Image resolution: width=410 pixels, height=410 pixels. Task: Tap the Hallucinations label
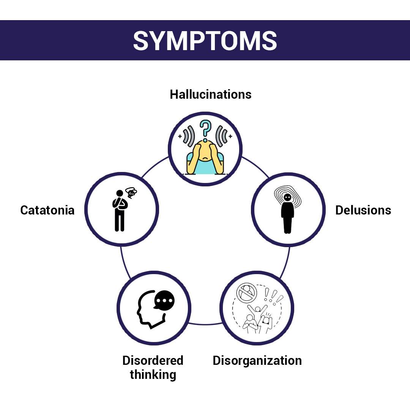[x=211, y=94]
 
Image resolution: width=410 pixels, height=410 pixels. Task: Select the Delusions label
[x=363, y=210]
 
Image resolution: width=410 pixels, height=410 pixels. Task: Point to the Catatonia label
[x=47, y=210]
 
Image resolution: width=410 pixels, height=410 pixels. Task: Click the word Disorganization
[x=257, y=360]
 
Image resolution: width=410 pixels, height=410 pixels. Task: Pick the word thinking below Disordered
[x=153, y=375]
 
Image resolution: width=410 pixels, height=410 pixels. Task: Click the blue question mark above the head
[x=205, y=129]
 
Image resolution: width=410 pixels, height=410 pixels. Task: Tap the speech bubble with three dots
[x=164, y=300]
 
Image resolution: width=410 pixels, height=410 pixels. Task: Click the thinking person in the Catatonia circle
[x=119, y=211]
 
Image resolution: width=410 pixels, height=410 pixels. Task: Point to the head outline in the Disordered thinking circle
[x=146, y=309]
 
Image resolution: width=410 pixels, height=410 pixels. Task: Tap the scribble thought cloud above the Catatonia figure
[x=131, y=193]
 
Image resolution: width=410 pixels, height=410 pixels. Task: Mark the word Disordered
[x=153, y=360]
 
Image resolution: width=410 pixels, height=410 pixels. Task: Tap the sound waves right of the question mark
[x=222, y=136]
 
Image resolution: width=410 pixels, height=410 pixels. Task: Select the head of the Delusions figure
[x=287, y=198]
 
